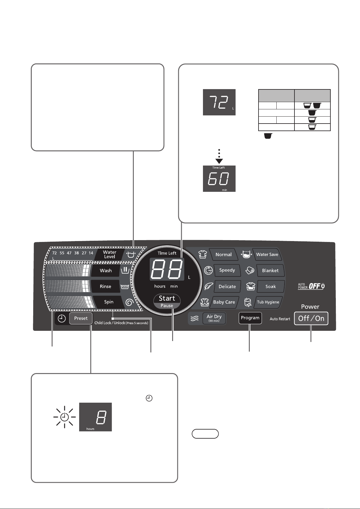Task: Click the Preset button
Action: point(81,318)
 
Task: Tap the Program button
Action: point(250,318)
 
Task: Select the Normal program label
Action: point(223,254)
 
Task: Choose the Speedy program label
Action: point(227,270)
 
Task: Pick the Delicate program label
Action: point(227,286)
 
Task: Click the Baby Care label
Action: point(224,302)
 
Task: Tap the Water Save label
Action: point(267,254)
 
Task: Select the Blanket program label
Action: point(270,270)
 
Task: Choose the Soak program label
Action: point(271,287)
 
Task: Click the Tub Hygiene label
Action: point(268,302)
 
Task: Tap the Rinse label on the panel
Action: point(105,286)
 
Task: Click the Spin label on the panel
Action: point(108,302)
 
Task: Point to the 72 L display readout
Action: point(219,102)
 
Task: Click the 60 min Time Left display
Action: point(219,179)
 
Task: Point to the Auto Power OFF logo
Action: point(311,286)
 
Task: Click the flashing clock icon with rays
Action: point(65,417)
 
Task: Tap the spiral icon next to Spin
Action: point(130,302)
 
